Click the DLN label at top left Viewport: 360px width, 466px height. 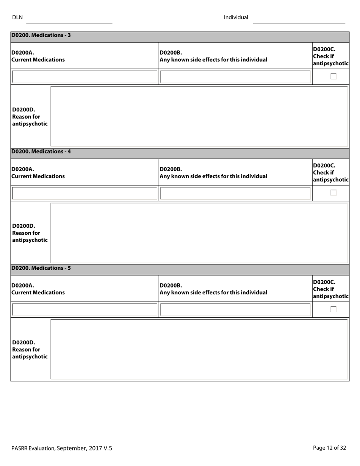coord(17,17)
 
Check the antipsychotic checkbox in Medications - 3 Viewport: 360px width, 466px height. coord(333,77)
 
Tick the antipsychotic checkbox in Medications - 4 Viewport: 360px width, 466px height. coord(333,193)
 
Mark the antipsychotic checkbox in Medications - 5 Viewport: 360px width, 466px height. coord(333,310)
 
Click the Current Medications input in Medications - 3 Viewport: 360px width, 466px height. coord(84,77)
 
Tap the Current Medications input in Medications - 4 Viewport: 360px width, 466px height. coord(84,193)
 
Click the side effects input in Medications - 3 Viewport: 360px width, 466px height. coord(235,77)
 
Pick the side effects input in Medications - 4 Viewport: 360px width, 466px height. coord(235,193)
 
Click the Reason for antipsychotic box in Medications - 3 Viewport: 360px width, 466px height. coord(199,116)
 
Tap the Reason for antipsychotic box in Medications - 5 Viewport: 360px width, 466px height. coord(199,349)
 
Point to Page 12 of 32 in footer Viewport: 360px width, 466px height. coord(329,448)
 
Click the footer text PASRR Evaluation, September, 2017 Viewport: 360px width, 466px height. coord(61,448)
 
